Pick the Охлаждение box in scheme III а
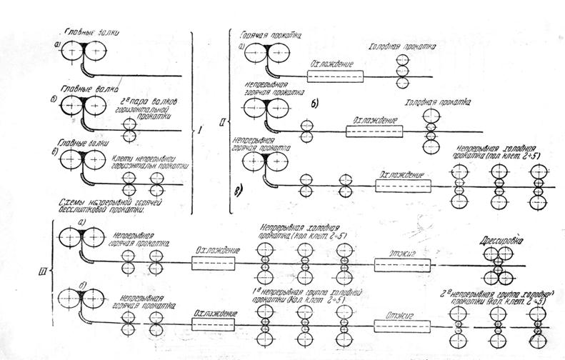coord(216,264)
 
